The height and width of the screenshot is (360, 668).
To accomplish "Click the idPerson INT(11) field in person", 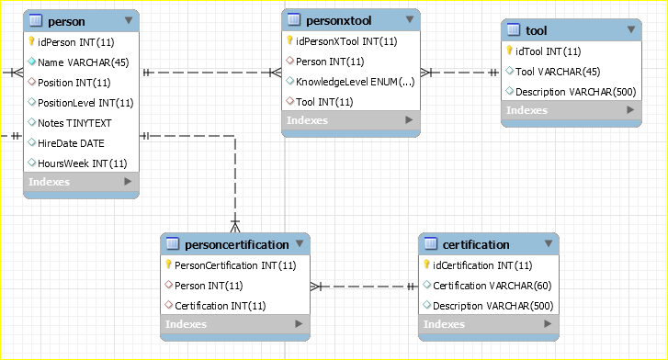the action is pyautogui.click(x=76, y=42).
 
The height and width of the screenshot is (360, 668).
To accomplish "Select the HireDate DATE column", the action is pyautogui.click(x=71, y=143).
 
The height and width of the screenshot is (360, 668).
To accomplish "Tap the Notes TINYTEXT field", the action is pyautogui.click(x=74, y=123).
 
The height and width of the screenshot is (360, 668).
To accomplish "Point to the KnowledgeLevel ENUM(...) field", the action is pyautogui.click(x=356, y=82).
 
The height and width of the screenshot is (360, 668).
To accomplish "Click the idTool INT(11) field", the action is pyautogui.click(x=548, y=51).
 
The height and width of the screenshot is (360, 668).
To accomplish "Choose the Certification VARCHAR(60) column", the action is pyautogui.click(x=493, y=286).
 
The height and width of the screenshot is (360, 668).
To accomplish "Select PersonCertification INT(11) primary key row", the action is pyautogui.click(x=235, y=265).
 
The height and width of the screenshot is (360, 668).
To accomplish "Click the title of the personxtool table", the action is pyautogui.click(x=339, y=20).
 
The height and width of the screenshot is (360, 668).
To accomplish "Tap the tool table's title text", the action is pyautogui.click(x=536, y=30).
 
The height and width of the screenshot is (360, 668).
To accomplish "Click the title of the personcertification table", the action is pyautogui.click(x=237, y=244).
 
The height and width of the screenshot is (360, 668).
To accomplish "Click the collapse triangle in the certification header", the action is pyautogui.click(x=549, y=243).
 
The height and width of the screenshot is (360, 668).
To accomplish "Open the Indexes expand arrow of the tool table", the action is pyautogui.click(x=630, y=110).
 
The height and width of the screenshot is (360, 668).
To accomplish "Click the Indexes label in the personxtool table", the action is pyautogui.click(x=307, y=120).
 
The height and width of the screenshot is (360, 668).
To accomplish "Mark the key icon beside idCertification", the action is pyautogui.click(x=426, y=264).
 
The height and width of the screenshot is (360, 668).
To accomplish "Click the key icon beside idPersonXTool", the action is pyautogui.click(x=289, y=40).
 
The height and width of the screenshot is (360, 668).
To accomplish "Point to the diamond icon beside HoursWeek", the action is pyautogui.click(x=31, y=163).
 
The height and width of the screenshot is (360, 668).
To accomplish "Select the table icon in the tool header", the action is pyautogui.click(x=514, y=29).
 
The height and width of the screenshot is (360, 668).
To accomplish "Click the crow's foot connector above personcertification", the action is pyautogui.click(x=235, y=226).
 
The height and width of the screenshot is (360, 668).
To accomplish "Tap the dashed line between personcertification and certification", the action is pyautogui.click(x=364, y=287).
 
